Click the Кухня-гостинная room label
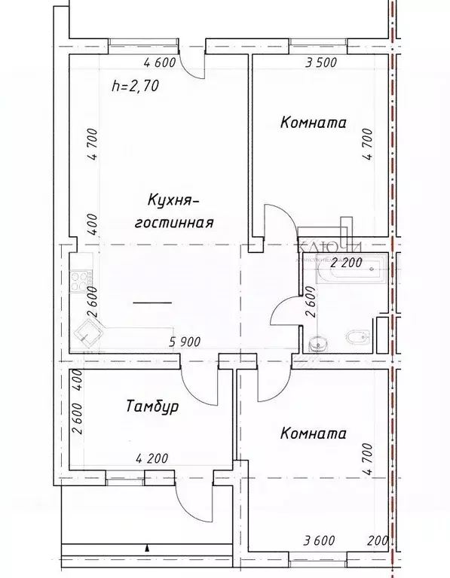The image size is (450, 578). coord(173,211)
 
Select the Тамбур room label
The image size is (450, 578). coord(152,407)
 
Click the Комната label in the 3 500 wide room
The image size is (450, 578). coord(313,122)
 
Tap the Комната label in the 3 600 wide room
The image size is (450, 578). coord(313,433)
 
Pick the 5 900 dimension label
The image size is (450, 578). coord(185,342)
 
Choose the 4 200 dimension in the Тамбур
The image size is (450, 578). coord(152,458)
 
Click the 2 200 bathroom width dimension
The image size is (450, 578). coord(347,263)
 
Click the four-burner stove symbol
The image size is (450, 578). coord(80,283)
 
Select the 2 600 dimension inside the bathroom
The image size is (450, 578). coord(309,310)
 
